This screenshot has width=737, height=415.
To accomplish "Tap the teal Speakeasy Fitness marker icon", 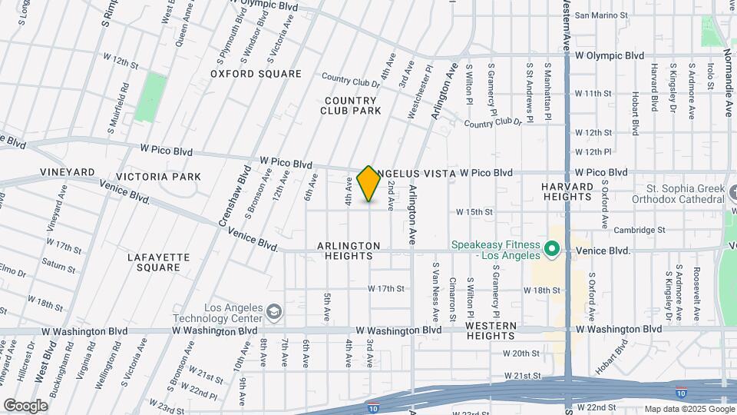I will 551,250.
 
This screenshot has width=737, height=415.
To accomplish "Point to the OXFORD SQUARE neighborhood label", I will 256,74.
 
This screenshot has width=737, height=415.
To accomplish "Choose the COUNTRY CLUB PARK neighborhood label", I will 351,105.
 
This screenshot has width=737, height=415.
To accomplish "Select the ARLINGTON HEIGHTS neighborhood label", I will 349,251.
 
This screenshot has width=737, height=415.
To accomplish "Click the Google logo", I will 25,405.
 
